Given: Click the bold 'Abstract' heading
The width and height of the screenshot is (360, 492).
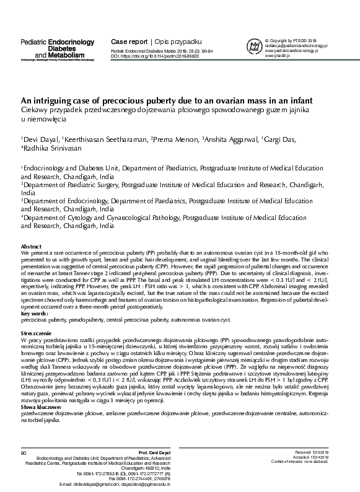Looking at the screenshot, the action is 32,247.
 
